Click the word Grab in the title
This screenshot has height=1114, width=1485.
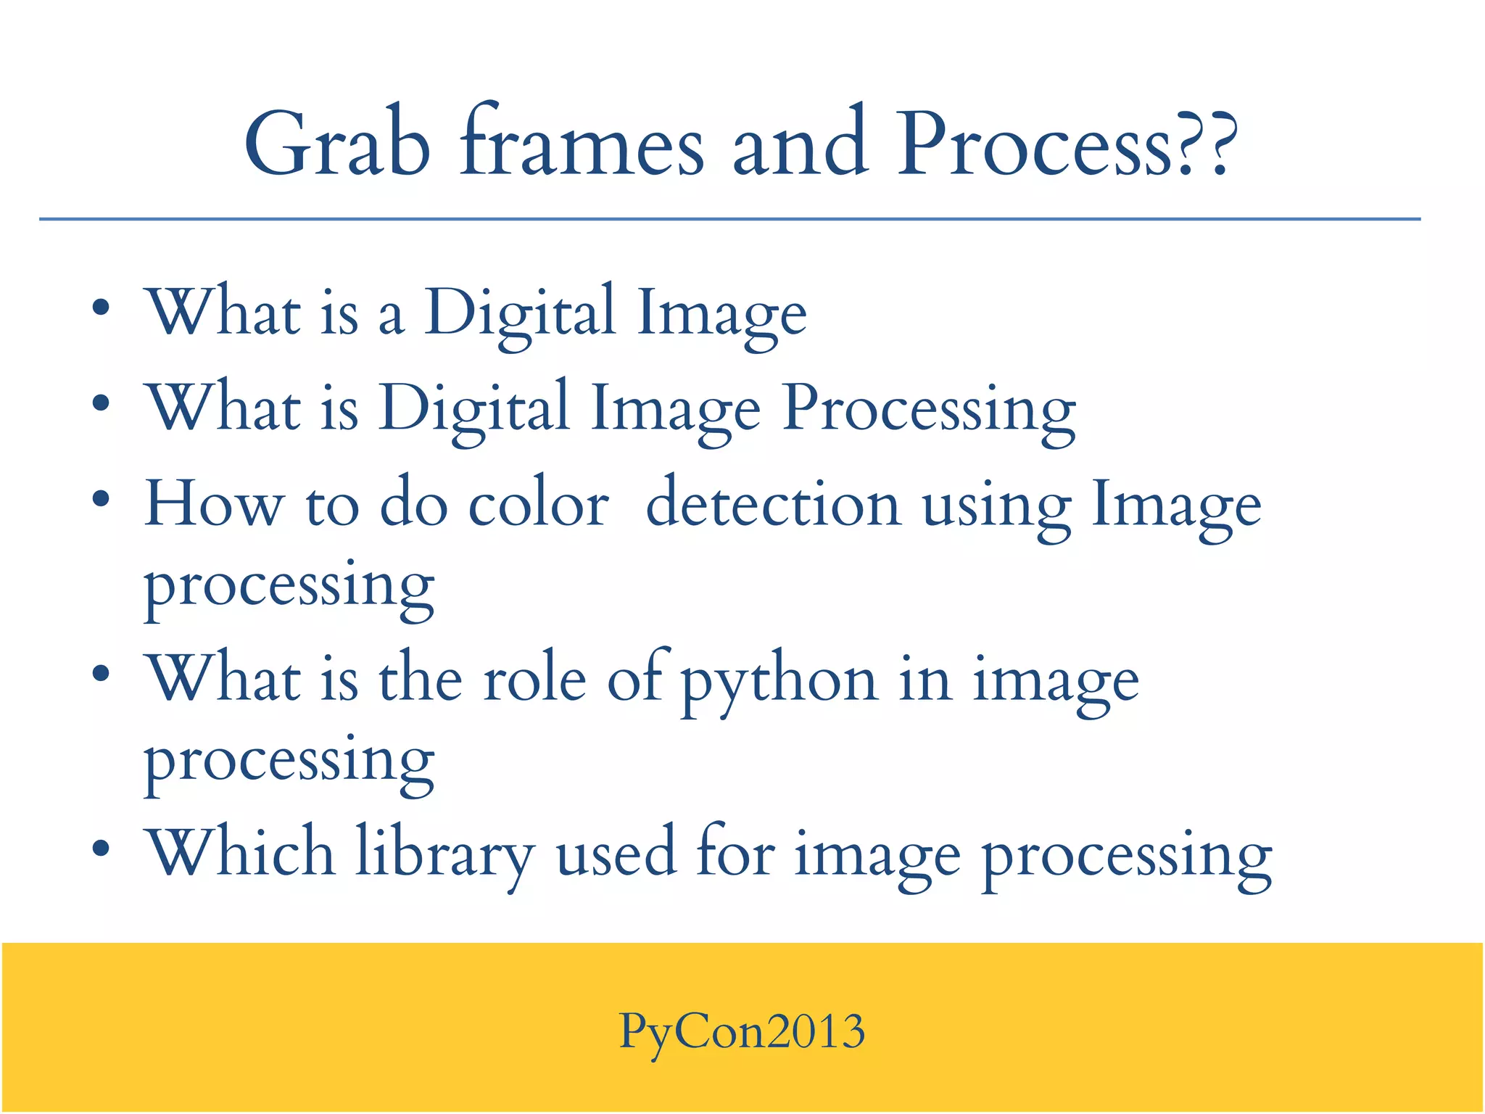(x=338, y=144)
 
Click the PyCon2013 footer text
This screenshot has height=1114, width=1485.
(x=742, y=1031)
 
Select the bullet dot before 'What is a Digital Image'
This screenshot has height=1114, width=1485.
(x=101, y=308)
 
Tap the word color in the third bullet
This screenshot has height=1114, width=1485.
(x=538, y=504)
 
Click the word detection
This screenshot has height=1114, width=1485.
(x=773, y=504)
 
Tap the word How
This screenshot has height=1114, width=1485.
(x=214, y=504)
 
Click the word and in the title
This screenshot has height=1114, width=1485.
(x=801, y=144)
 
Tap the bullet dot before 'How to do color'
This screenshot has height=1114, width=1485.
(x=101, y=499)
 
